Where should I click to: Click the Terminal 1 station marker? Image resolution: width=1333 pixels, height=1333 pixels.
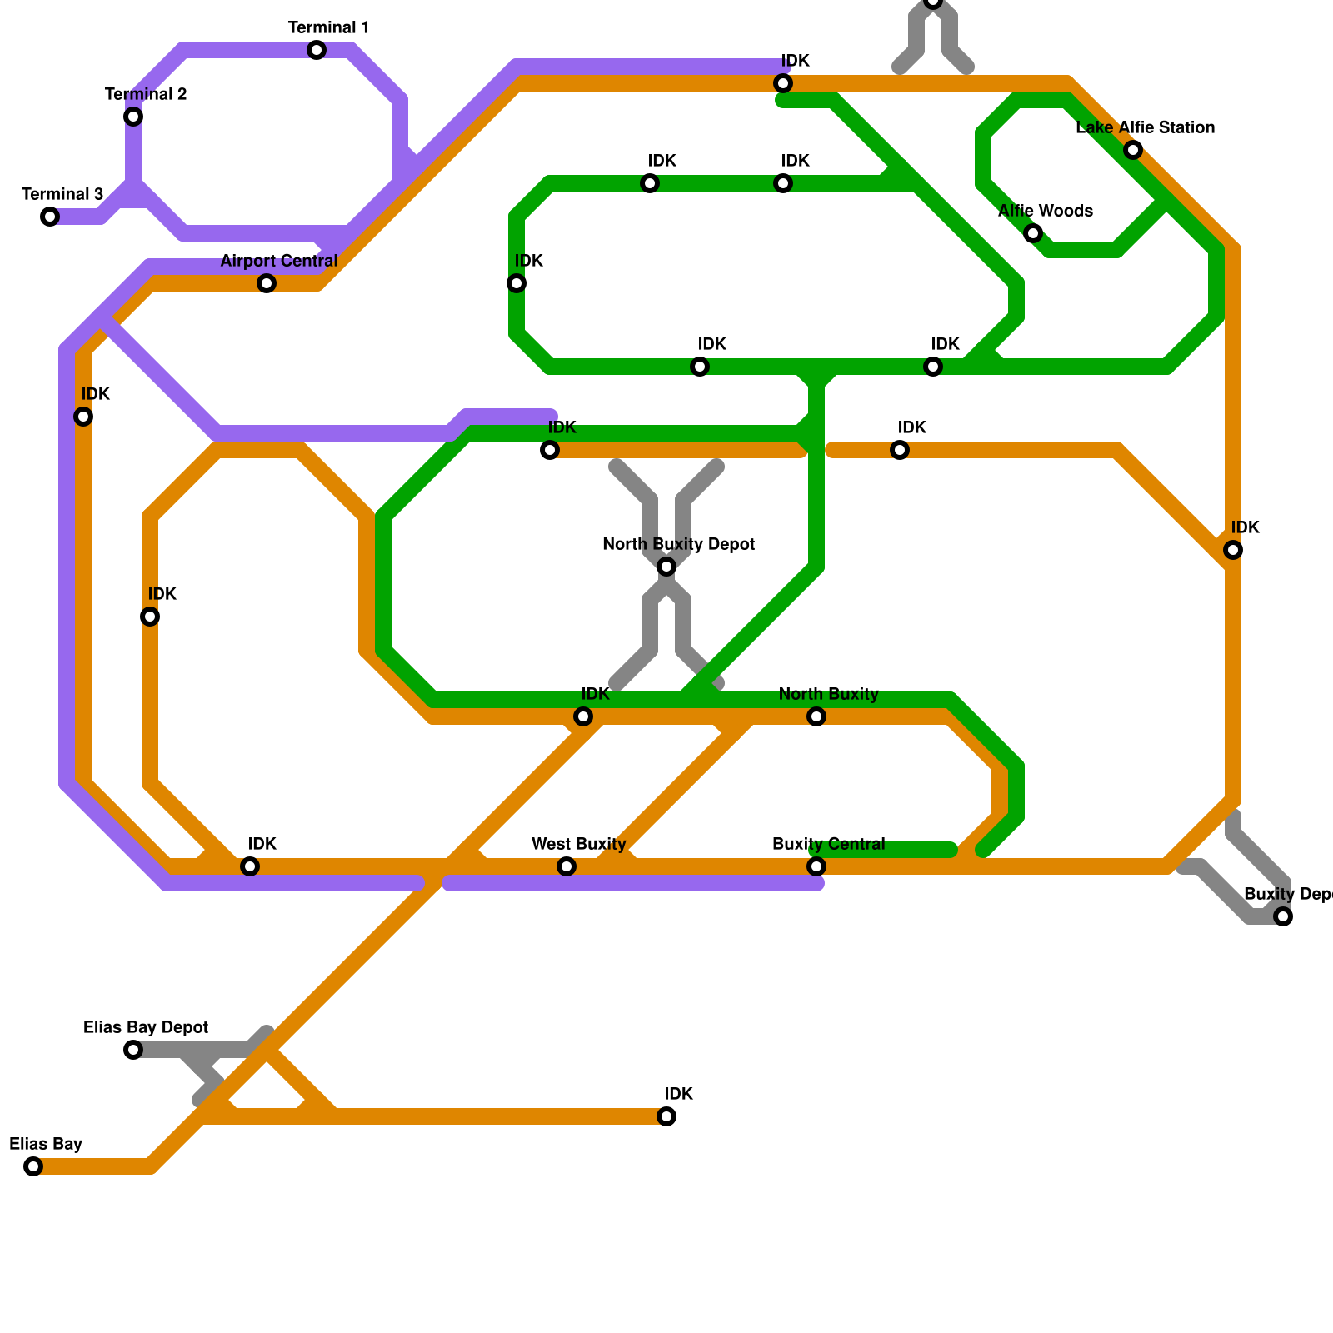317,50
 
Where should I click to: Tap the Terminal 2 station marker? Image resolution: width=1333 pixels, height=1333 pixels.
133,117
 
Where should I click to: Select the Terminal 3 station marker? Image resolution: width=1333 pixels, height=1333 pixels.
50,217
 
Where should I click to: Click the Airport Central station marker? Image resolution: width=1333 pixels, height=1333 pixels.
267,283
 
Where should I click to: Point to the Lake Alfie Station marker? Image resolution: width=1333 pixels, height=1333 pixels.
1133,150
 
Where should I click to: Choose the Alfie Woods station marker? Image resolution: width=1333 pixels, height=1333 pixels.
1033,233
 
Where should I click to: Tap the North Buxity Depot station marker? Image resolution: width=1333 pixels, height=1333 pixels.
666,567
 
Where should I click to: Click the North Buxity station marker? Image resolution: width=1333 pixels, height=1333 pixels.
816,716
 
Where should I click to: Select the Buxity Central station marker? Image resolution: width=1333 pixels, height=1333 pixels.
816,866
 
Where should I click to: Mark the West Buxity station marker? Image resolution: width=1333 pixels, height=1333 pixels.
567,866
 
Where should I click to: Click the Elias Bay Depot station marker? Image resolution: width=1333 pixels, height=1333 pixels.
133,1050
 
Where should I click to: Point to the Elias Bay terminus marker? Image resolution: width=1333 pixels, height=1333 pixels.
33,1166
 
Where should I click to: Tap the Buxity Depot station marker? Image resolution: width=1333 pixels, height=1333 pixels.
1283,916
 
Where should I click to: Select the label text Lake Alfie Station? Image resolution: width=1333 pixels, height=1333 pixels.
1145,128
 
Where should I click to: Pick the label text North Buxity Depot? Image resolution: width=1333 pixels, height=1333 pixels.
678,545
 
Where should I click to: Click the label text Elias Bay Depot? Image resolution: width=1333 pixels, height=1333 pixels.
146,1028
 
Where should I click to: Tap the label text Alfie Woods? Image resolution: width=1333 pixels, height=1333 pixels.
1045,212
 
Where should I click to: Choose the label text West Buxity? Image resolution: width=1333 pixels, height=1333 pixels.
578,845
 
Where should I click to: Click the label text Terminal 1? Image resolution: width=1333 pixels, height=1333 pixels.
328,28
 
